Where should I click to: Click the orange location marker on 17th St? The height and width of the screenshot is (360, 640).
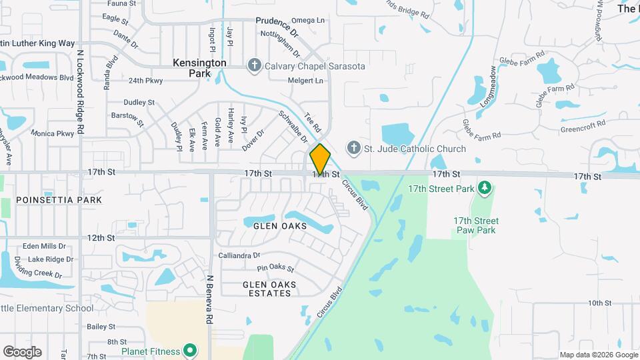pos(320,159)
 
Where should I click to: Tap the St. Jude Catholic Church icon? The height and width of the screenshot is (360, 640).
pos(353,148)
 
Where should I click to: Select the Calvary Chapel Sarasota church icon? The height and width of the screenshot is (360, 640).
pos(253,65)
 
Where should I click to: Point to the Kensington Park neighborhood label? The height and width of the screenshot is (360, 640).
pos(200,67)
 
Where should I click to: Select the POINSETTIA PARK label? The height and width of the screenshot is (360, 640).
pos(59,200)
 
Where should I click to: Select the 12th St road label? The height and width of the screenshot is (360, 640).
pos(101,238)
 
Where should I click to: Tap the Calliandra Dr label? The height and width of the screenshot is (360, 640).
pos(239,255)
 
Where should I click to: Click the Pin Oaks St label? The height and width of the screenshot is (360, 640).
pos(276,268)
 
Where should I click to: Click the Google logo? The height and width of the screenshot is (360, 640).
pos(22,352)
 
